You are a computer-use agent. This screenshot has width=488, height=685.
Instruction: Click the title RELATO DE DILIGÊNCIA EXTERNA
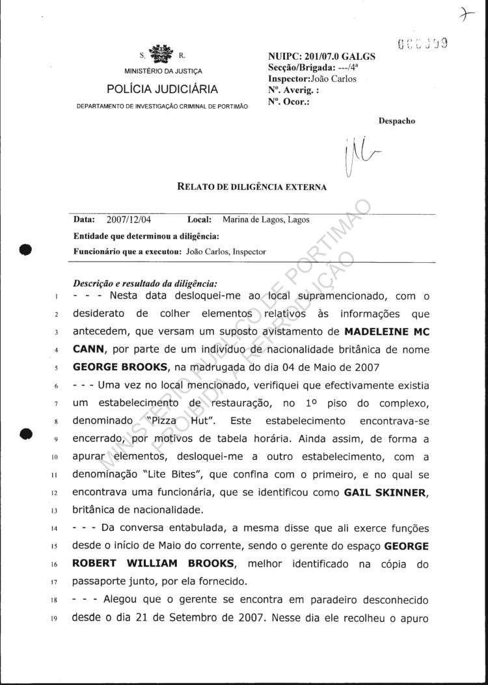pos(252,187)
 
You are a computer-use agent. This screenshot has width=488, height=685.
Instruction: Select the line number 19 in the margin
pos(57,618)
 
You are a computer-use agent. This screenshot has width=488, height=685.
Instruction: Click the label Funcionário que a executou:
pos(126,251)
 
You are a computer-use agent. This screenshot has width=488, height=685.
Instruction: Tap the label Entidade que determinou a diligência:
pos(146,235)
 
